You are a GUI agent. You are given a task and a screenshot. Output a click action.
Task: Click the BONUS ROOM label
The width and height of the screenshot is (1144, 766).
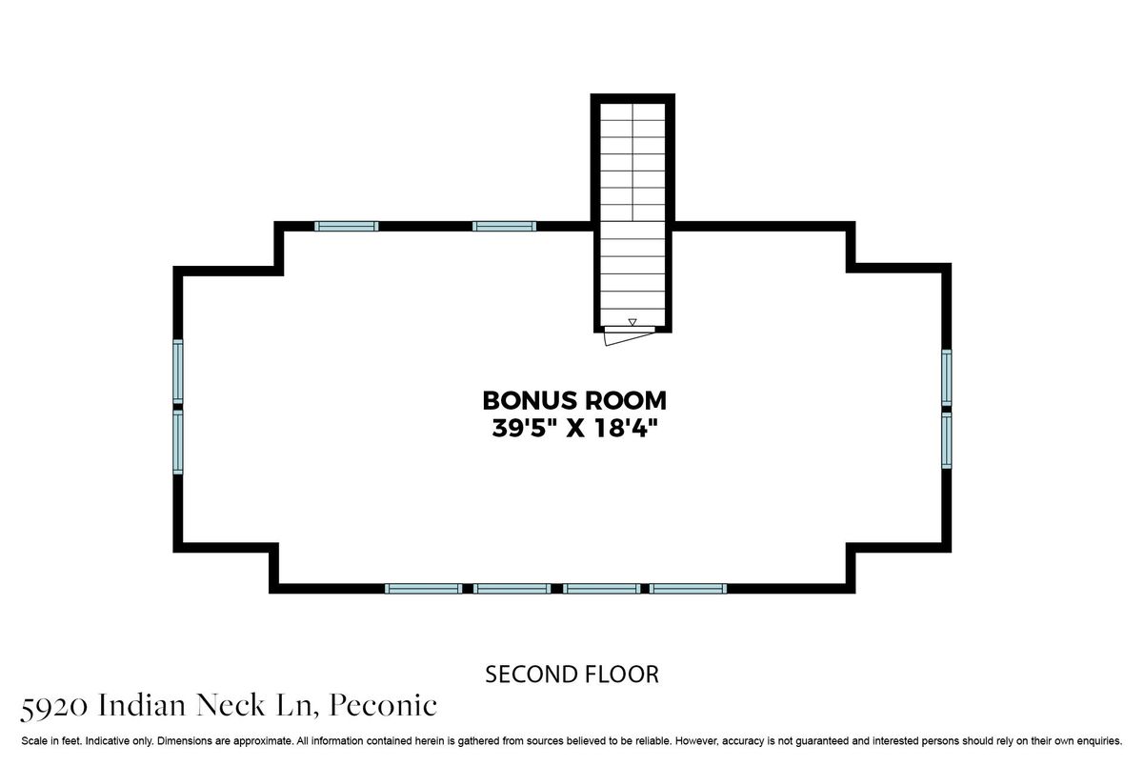pyautogui.click(x=574, y=401)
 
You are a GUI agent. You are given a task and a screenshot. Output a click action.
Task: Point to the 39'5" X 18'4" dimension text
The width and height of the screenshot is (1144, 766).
pyautogui.click(x=574, y=428)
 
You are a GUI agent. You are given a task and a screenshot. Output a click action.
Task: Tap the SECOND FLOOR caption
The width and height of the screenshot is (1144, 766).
pyautogui.click(x=572, y=675)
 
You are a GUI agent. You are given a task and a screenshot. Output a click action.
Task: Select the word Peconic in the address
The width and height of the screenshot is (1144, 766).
pyautogui.click(x=383, y=705)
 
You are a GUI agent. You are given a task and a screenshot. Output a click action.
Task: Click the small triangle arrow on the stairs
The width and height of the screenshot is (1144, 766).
pyautogui.click(x=632, y=322)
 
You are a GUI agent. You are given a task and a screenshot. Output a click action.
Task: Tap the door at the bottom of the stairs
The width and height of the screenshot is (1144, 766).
pyautogui.click(x=630, y=335)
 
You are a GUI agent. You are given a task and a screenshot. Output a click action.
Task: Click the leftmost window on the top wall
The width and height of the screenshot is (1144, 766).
pyautogui.click(x=347, y=226)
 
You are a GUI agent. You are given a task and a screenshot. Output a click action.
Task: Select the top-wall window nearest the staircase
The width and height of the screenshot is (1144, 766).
pyautogui.click(x=504, y=226)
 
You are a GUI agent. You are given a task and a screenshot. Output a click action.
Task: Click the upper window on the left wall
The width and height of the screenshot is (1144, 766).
pyautogui.click(x=178, y=372)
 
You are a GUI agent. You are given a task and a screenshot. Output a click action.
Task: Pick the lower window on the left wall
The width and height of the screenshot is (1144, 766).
pyautogui.click(x=178, y=442)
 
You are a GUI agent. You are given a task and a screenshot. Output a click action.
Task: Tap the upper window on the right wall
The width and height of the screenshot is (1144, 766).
pyautogui.click(x=947, y=378)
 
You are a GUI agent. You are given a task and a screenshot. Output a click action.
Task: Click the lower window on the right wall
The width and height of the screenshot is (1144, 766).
pyautogui.click(x=947, y=440)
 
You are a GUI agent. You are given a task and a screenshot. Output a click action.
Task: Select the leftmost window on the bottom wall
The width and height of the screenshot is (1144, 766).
pyautogui.click(x=423, y=589)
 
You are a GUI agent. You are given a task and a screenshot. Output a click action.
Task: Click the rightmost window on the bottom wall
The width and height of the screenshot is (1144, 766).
pyautogui.click(x=688, y=589)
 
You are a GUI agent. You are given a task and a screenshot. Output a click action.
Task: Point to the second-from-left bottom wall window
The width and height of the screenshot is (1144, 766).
pyautogui.click(x=512, y=589)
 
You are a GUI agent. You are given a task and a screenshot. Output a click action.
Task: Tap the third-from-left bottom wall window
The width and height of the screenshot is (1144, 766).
pyautogui.click(x=602, y=589)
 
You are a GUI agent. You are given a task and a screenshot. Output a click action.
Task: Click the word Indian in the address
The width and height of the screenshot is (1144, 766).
pyautogui.click(x=142, y=705)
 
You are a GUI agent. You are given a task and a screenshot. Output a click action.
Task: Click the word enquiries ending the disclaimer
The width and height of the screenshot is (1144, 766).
pyautogui.click(x=1099, y=741)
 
